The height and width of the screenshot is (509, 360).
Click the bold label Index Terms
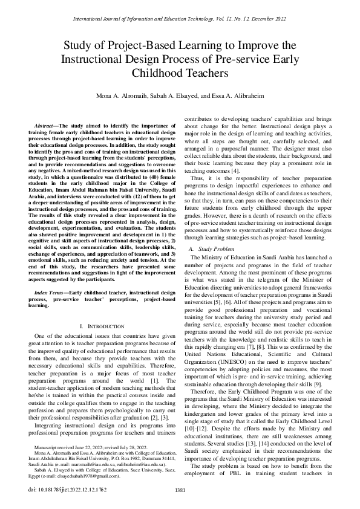tap(54, 292)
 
